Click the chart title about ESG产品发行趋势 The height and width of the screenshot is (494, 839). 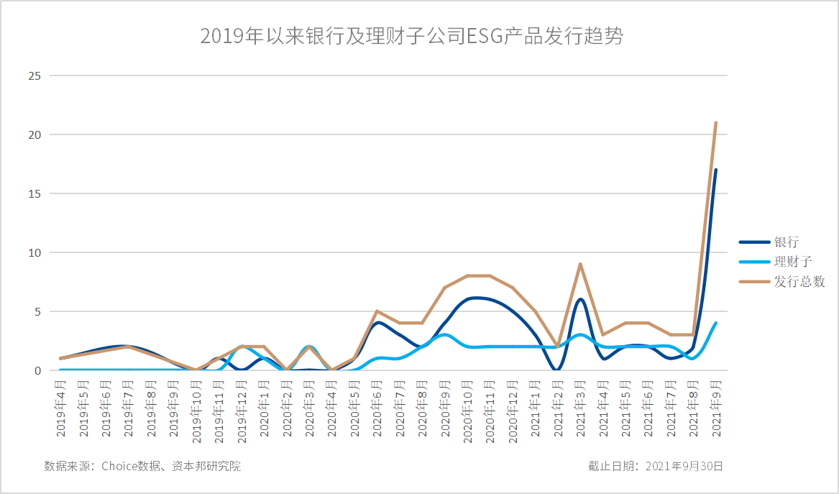coord(411,37)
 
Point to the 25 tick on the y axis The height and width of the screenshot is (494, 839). coord(35,76)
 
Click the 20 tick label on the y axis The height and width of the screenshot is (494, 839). coord(35,134)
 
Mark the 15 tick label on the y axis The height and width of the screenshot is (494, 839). coord(35,193)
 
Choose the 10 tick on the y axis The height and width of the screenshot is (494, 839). coord(35,252)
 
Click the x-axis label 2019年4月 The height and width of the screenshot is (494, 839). coord(62,408)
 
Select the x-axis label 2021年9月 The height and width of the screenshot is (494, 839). coord(716,408)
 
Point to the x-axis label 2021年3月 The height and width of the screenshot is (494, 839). coord(579,408)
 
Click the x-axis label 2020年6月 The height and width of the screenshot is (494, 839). coord(377,408)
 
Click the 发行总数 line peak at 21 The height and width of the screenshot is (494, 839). coord(716,123)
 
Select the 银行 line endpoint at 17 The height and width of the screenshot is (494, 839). coord(716,170)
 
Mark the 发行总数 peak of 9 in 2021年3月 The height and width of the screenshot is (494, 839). coord(579,264)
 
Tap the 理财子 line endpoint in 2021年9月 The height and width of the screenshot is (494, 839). coord(716,324)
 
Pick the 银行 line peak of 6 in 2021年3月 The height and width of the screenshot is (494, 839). coord(579,300)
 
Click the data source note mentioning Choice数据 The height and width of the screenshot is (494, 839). coord(142,466)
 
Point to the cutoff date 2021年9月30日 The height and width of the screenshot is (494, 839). coord(655,466)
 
